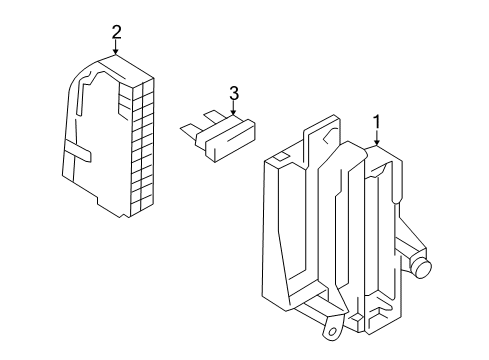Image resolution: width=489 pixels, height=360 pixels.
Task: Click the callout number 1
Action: pyautogui.click(x=377, y=122)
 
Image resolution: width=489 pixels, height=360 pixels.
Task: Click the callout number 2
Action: pyautogui.click(x=116, y=33)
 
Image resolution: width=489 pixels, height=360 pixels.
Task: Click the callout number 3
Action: pyautogui.click(x=234, y=93)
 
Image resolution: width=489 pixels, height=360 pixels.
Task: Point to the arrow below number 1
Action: pyautogui.click(x=377, y=138)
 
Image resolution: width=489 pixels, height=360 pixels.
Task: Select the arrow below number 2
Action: pyautogui.click(x=116, y=47)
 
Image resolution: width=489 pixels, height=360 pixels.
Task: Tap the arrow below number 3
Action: pyautogui.click(x=233, y=108)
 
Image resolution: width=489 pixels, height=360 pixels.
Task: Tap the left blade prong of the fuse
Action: pyautogui.click(x=189, y=131)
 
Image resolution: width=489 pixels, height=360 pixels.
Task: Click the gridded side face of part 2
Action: pyautogui.click(x=143, y=147)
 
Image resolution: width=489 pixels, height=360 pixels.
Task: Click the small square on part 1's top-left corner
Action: pyautogui.click(x=280, y=156)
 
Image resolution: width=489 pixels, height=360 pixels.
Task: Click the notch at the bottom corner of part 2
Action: pyautogui.click(x=124, y=215)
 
